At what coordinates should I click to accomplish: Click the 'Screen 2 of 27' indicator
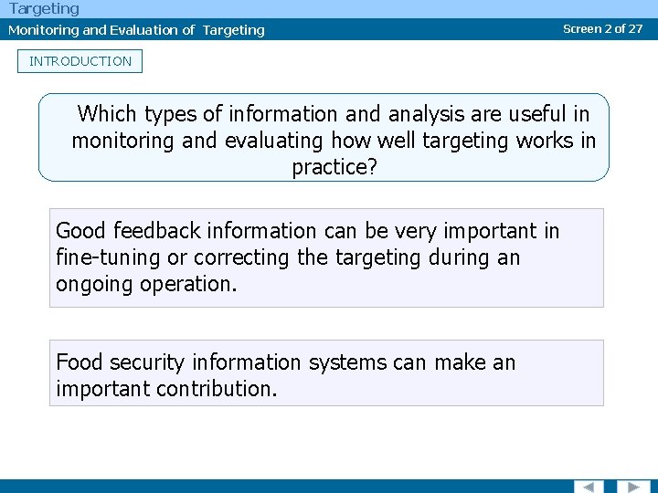602,28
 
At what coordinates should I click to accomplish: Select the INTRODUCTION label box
80,61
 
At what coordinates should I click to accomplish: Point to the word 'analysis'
423,114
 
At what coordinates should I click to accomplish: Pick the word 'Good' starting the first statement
80,231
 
